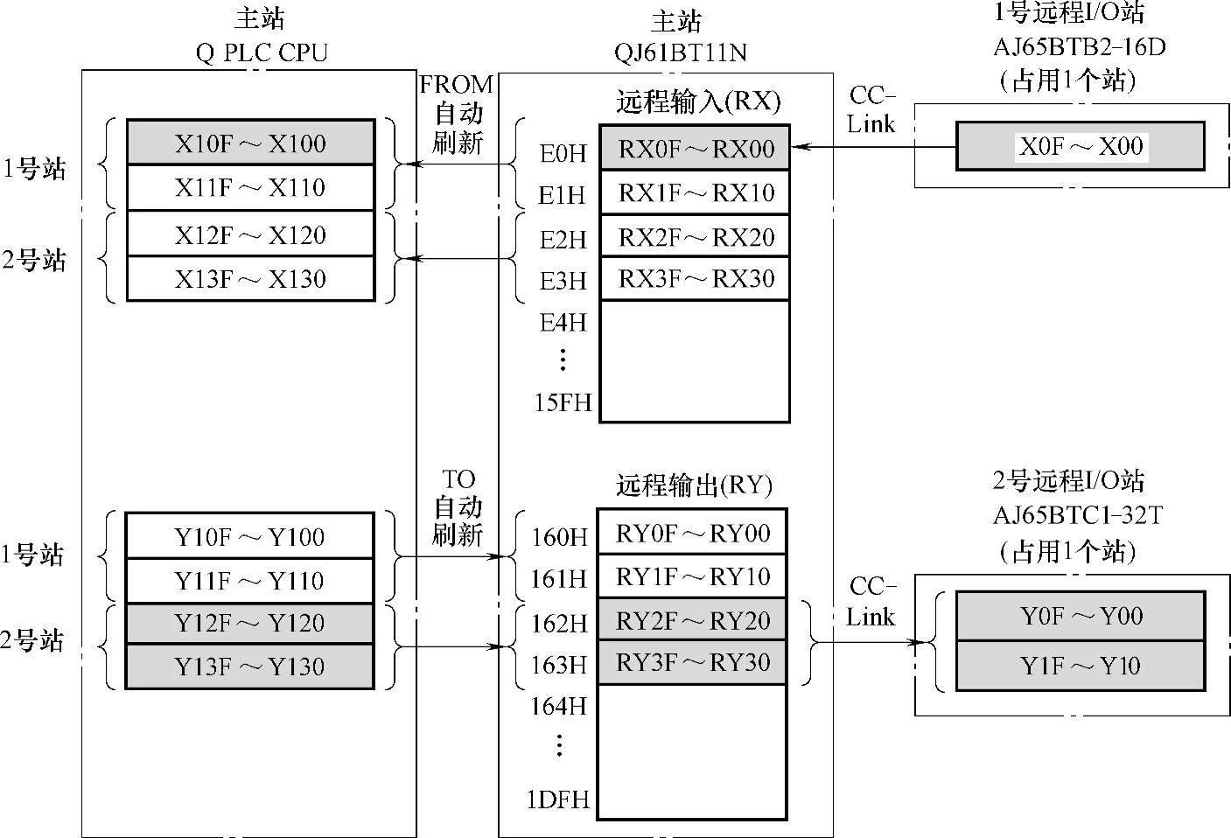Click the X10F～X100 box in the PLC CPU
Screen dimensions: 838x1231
click(250, 143)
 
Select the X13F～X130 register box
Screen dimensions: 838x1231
click(250, 279)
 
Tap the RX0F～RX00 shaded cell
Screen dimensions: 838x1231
click(696, 148)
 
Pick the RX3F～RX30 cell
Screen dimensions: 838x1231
click(696, 278)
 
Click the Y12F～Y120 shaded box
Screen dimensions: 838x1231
click(250, 623)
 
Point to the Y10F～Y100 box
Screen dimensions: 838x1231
click(250, 536)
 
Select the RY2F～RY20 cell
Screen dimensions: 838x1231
click(692, 620)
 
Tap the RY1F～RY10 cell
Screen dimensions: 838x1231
click(692, 576)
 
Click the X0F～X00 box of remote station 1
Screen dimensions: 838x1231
click(1081, 146)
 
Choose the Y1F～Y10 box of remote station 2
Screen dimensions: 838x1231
click(1081, 666)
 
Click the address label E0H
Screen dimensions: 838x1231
click(563, 154)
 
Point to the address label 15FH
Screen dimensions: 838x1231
click(563, 402)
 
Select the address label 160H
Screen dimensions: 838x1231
click(559, 536)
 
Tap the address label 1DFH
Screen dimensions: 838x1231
click(557, 800)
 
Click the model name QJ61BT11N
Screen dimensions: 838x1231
click(680, 52)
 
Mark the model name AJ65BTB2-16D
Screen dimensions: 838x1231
click(1080, 46)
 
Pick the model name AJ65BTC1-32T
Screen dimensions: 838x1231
click(1077, 515)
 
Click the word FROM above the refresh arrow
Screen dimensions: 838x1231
click(456, 85)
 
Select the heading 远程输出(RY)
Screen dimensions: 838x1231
click(694, 485)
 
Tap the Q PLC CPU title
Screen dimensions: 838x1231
click(262, 52)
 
